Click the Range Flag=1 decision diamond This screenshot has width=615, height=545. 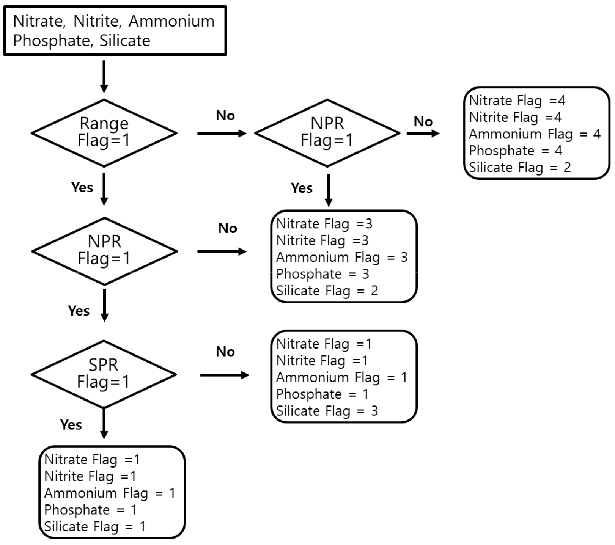[104, 133]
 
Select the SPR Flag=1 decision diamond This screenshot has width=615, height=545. [104, 374]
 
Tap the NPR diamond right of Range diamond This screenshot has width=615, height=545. [327, 133]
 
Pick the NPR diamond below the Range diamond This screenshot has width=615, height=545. [104, 251]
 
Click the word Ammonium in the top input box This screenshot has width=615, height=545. [171, 21]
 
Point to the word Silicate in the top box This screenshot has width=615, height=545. [125, 41]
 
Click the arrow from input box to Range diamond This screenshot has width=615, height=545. [104, 76]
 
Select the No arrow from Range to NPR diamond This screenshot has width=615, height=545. [222, 133]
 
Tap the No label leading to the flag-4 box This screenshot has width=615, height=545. [423, 122]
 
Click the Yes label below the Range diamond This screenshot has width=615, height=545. [82, 187]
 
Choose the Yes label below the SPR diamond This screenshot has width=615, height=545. [71, 425]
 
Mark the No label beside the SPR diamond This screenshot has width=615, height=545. [225, 352]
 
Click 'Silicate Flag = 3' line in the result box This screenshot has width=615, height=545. [327, 411]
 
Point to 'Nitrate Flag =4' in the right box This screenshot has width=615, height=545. [517, 101]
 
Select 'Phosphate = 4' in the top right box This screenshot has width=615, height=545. [515, 151]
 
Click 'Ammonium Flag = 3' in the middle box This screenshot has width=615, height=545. [342, 257]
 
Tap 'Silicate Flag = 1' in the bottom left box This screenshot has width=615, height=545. [95, 526]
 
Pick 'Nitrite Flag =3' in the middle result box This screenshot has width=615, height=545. [322, 240]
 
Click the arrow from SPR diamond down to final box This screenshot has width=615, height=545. [104, 424]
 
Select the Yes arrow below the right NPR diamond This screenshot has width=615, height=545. [329, 190]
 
